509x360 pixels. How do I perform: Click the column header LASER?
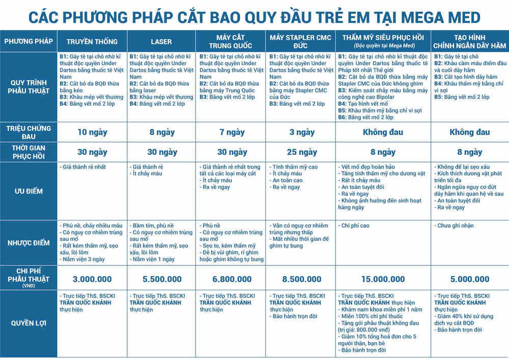[161, 42]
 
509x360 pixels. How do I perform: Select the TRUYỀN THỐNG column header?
[92, 42]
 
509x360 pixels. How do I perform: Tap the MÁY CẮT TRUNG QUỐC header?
[231, 41]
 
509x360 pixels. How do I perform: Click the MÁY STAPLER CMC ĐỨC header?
[300, 41]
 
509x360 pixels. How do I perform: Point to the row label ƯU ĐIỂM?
[29, 191]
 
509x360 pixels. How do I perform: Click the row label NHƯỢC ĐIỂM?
[29, 242]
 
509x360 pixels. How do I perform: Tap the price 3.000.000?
[92, 279]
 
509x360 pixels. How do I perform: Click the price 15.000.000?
[383, 279]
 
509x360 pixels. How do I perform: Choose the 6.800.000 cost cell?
[231, 279]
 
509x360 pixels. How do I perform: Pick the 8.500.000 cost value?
[300, 279]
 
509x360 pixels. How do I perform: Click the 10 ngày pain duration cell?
[92, 132]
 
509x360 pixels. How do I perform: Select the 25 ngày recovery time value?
[300, 152]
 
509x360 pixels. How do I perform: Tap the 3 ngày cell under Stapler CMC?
[300, 132]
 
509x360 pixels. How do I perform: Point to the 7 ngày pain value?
[231, 132]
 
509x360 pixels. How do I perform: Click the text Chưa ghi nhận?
[455, 226]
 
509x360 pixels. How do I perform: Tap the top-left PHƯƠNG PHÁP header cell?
[29, 41]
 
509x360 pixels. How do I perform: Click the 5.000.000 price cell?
[469, 279]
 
